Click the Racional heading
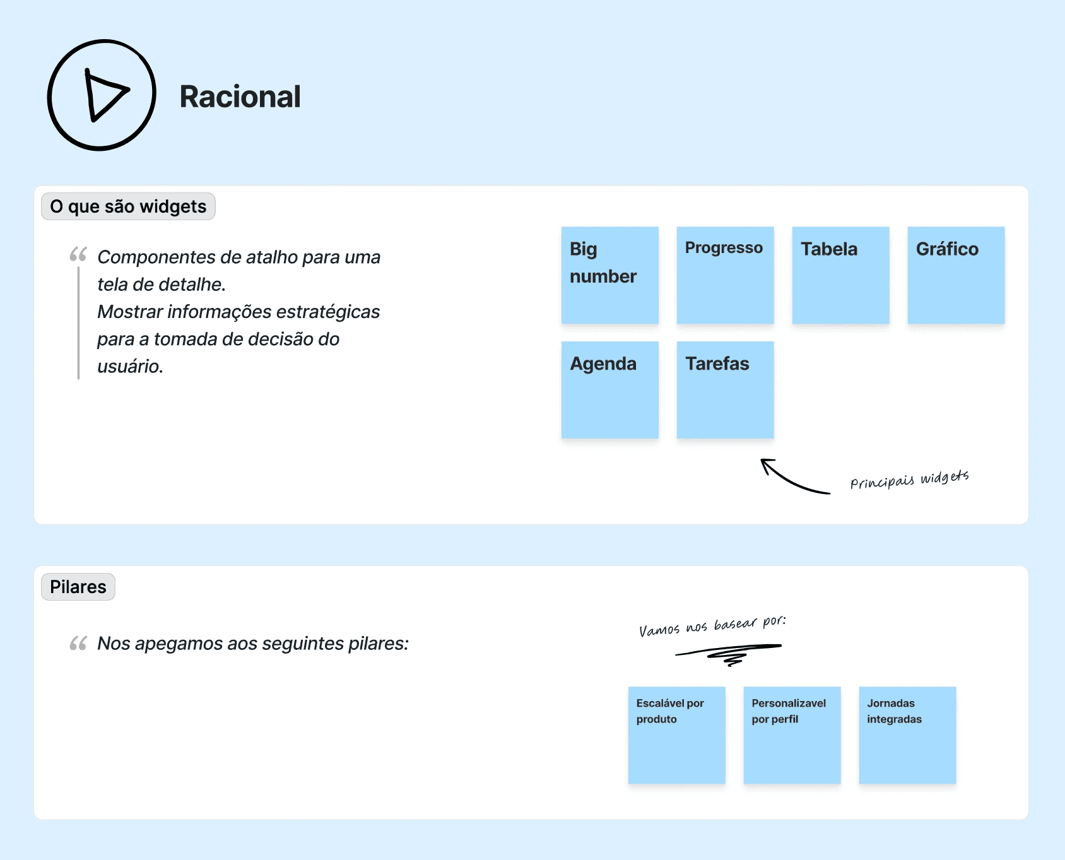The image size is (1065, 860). click(x=240, y=97)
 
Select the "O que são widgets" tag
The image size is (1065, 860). click(x=128, y=206)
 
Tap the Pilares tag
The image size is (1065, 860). click(x=78, y=587)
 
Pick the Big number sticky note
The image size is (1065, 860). click(x=609, y=275)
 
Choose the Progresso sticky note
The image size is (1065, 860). click(x=725, y=275)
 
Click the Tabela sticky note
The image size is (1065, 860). click(x=840, y=275)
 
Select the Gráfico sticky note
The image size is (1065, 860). click(x=956, y=275)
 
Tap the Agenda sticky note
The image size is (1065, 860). click(x=609, y=390)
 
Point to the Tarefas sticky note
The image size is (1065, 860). click(x=725, y=390)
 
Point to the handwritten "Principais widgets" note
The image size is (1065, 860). click(x=909, y=480)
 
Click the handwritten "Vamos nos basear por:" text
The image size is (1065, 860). click(x=712, y=626)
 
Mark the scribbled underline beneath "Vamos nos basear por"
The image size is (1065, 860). click(x=729, y=652)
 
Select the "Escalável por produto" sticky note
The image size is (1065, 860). click(x=676, y=735)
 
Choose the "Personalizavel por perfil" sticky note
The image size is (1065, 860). click(x=792, y=735)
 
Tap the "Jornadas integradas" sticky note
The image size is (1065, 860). click(x=907, y=735)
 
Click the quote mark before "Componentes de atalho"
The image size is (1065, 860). click(x=78, y=254)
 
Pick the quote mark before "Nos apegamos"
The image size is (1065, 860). click(x=78, y=644)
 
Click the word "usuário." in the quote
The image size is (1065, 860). click(x=130, y=367)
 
